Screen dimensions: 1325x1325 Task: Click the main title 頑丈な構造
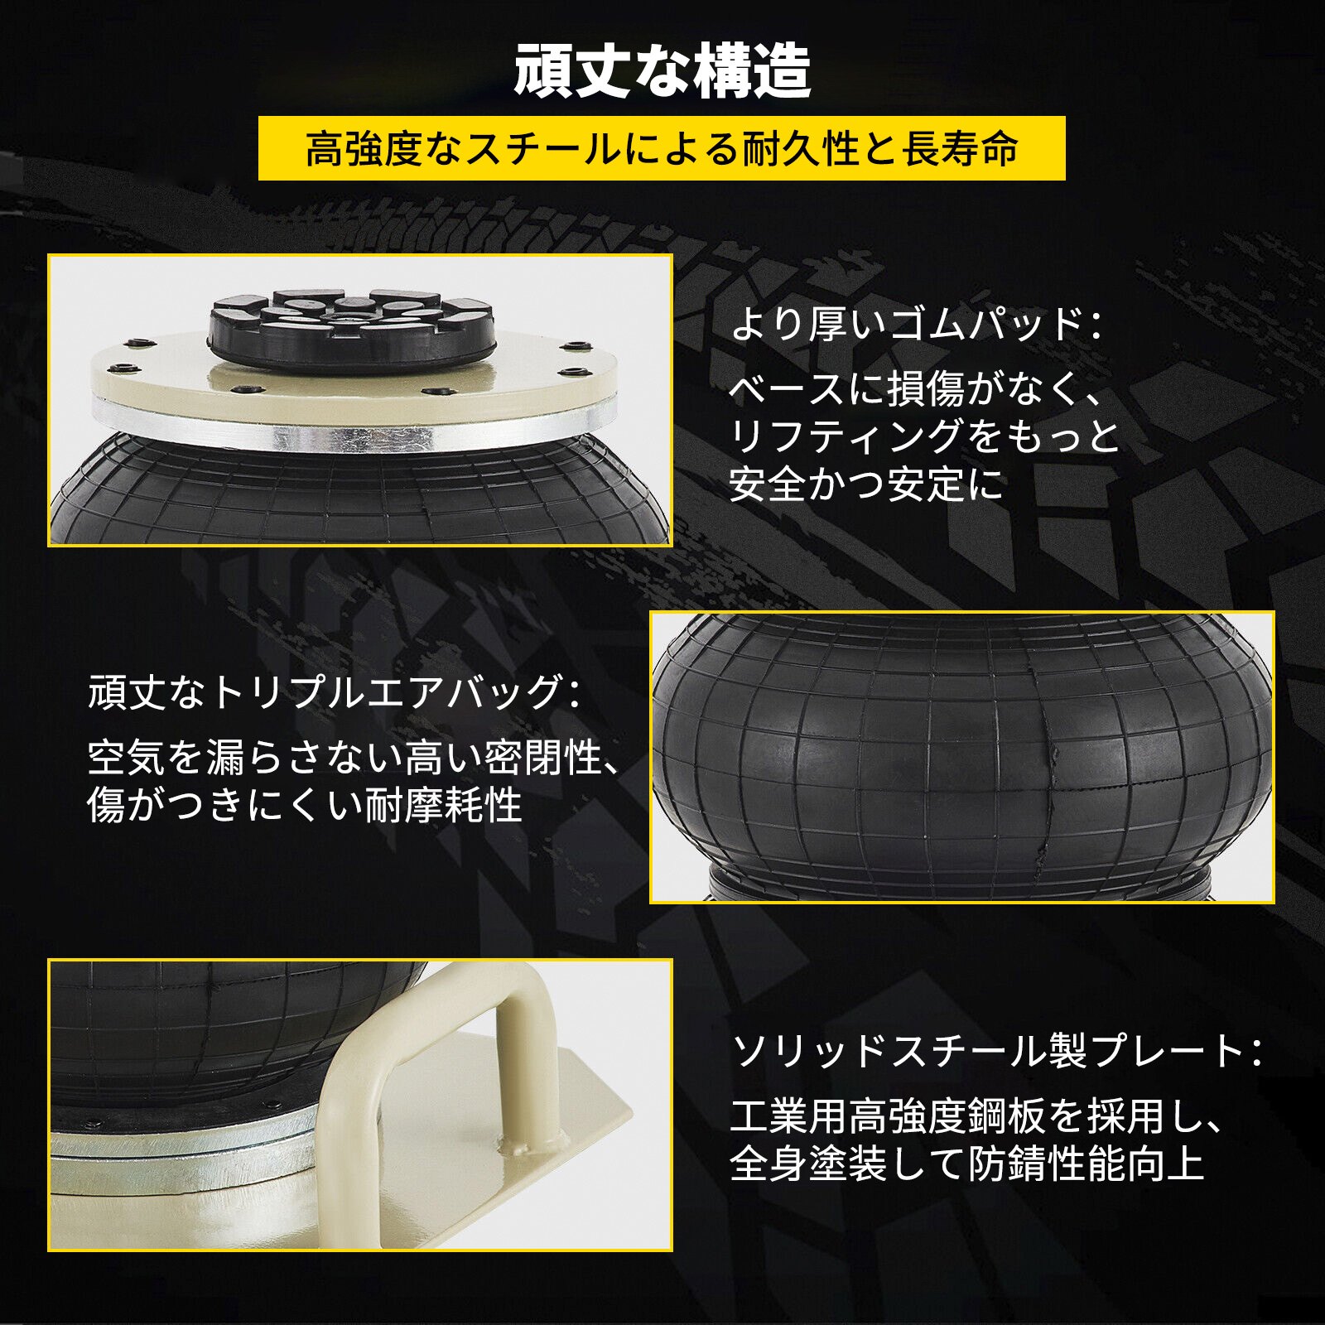tap(662, 71)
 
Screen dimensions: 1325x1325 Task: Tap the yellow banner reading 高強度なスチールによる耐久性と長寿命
tap(662, 148)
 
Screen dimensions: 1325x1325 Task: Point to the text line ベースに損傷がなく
tap(906, 388)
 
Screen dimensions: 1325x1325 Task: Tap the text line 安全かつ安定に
tap(866, 484)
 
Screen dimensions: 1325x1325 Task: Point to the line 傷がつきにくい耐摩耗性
tap(305, 804)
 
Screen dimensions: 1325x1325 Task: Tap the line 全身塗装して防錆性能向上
tap(966, 1164)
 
